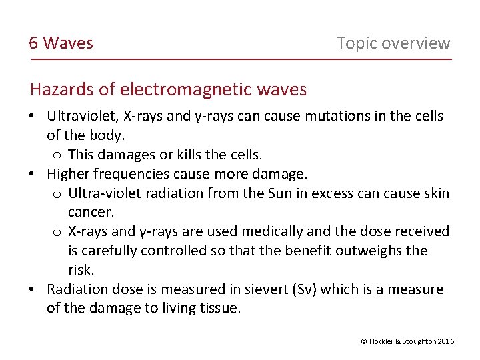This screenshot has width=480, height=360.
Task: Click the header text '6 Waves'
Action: [x=61, y=43]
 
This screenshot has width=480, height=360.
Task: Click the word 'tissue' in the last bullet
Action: [x=218, y=308]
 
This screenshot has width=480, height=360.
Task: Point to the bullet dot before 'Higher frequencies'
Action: [x=32, y=175]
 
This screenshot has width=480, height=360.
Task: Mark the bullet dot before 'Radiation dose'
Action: [x=32, y=290]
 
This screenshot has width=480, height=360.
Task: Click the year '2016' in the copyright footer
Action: [x=447, y=341]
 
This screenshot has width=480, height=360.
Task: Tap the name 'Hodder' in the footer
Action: [x=381, y=341]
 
